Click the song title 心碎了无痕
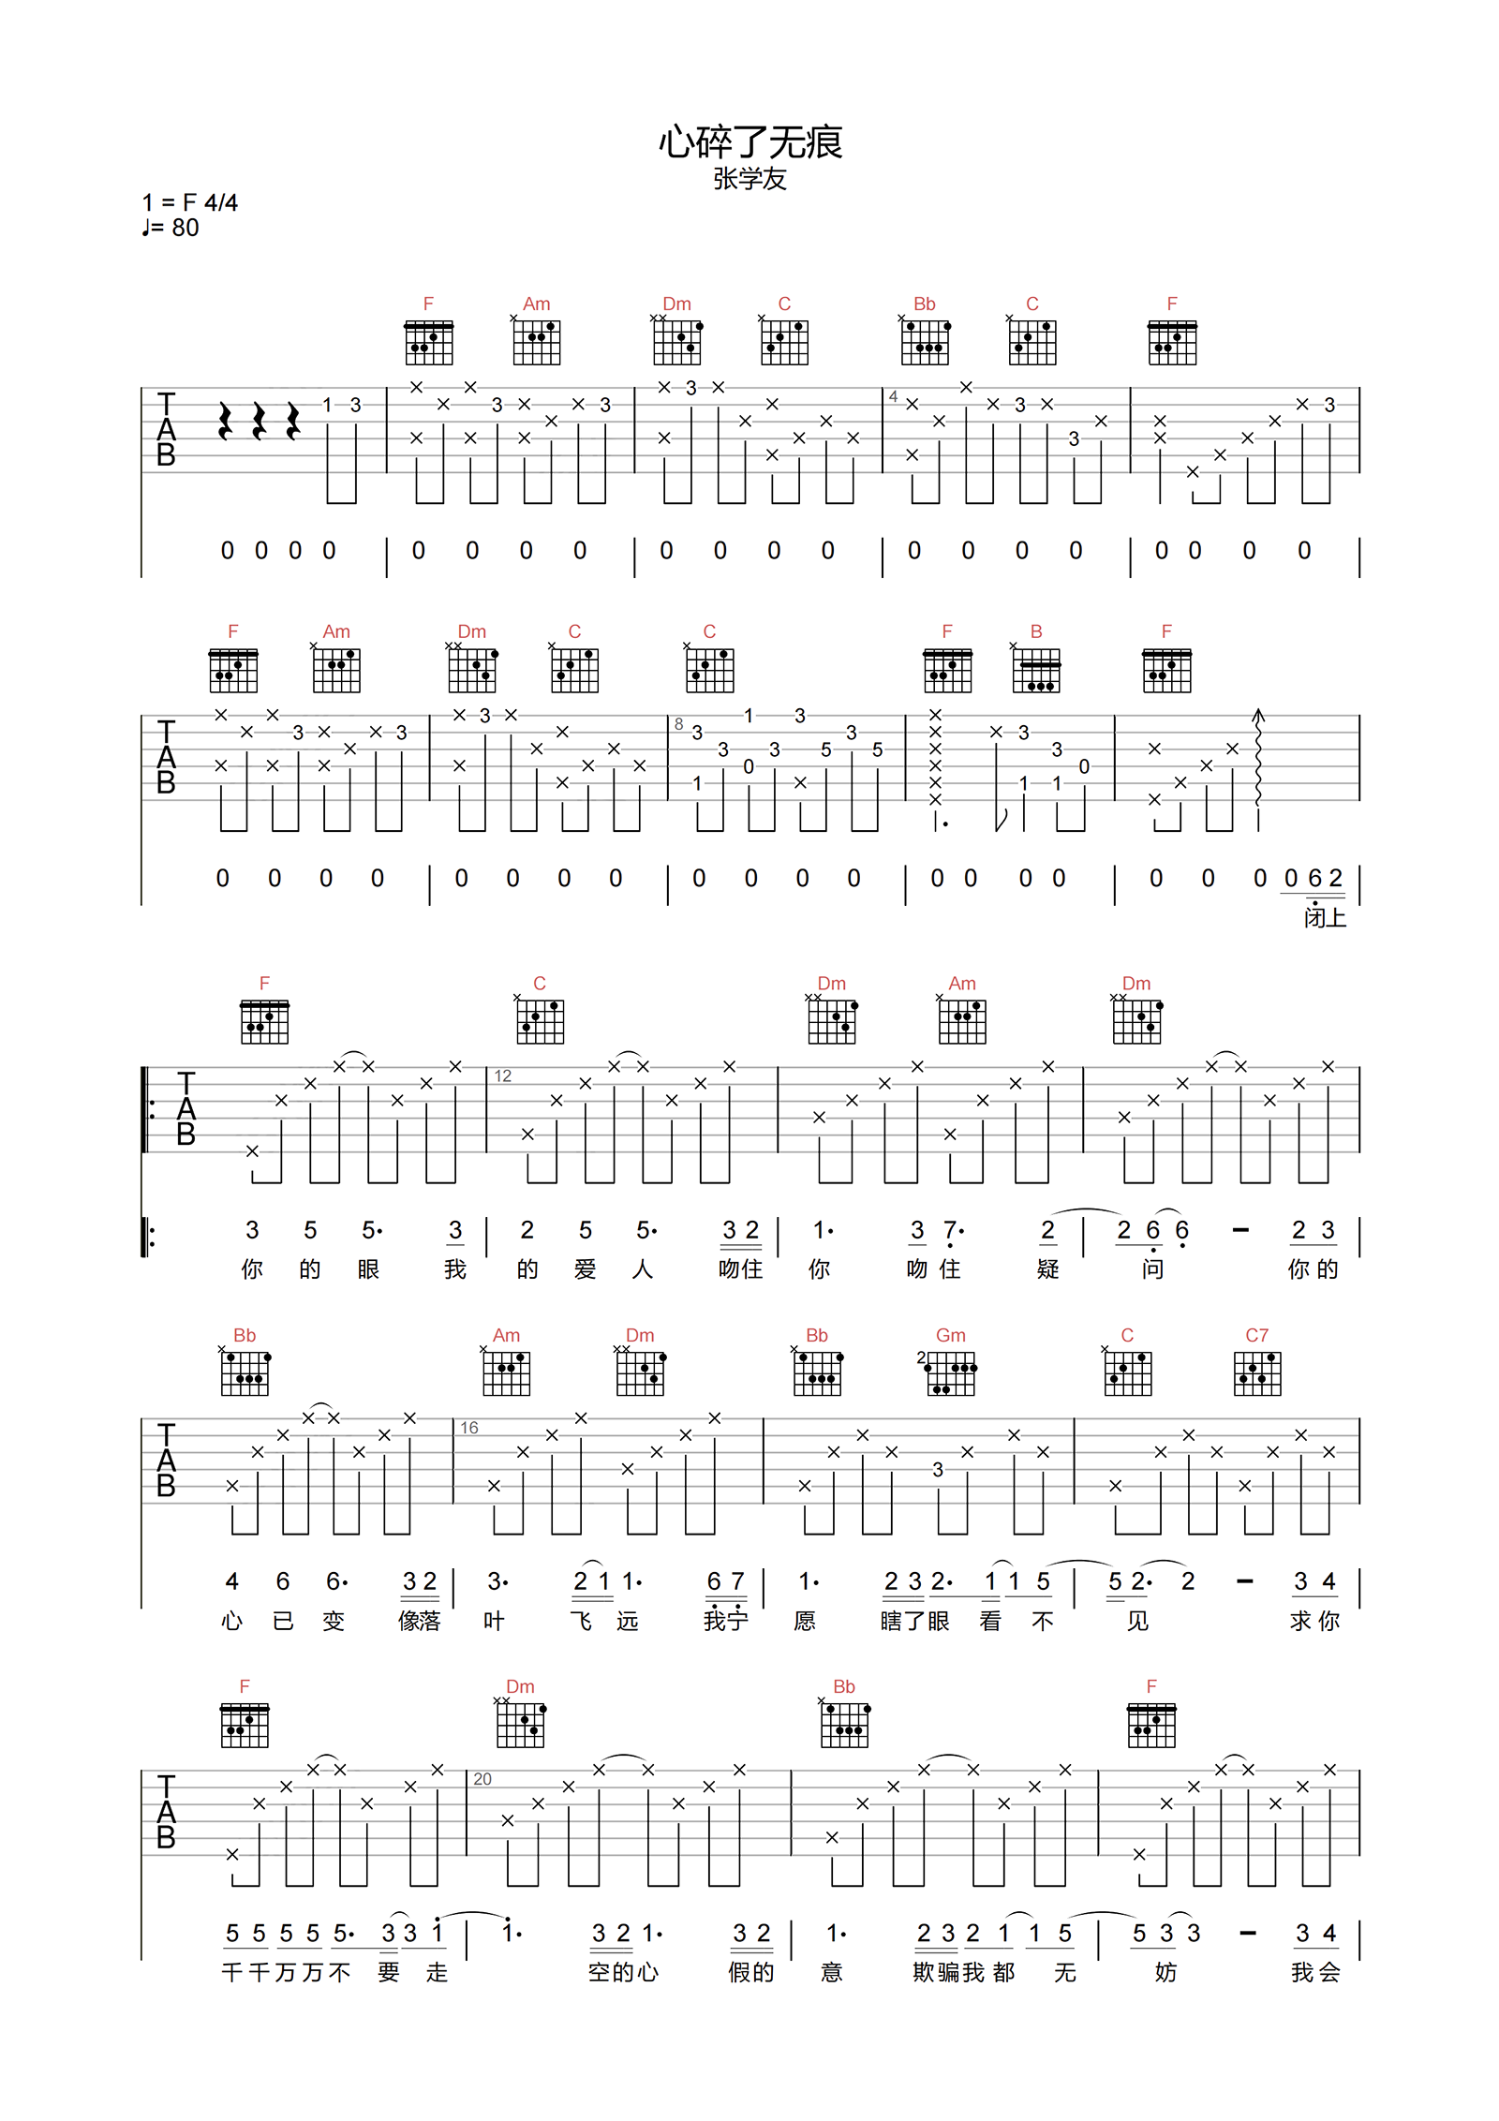coord(749,142)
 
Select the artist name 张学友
coord(749,179)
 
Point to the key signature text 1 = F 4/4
coord(190,202)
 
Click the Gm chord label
coord(950,1335)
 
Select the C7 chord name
coord(1256,1335)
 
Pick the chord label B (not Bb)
coord(1036,631)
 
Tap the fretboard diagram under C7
coord(1256,1373)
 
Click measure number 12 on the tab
coord(503,1075)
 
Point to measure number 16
coord(469,1428)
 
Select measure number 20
coord(482,1779)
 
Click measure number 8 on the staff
coord(679,723)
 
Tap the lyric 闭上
coord(1325,918)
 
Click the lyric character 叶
coord(494,1622)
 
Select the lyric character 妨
coord(1165,1973)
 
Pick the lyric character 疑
coord(1047,1269)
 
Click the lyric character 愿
coord(805,1622)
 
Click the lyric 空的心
coord(623,1973)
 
